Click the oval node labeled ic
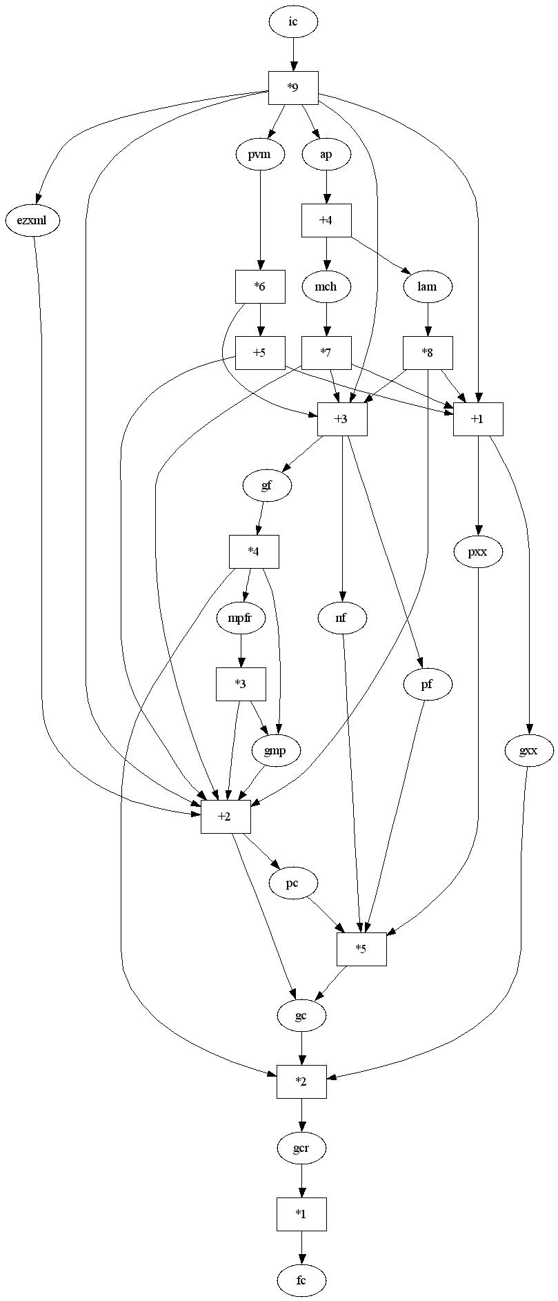pyautogui.click(x=293, y=22)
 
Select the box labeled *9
pyautogui.click(x=293, y=88)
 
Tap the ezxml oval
pyautogui.click(x=33, y=221)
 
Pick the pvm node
pyautogui.click(x=260, y=155)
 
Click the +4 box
pyautogui.click(x=326, y=221)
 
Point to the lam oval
pyautogui.click(x=428, y=286)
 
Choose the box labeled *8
pyautogui.click(x=428, y=353)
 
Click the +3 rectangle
pyautogui.click(x=342, y=419)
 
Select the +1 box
pyautogui.click(x=478, y=419)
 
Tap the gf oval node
pyautogui.click(x=267, y=485)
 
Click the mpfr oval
pyautogui.click(x=241, y=618)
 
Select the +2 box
pyautogui.click(x=226, y=816)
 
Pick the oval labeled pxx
pyautogui.click(x=478, y=551)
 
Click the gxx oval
pyautogui.click(x=528, y=750)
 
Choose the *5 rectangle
pyautogui.click(x=361, y=949)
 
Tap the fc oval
pyautogui.click(x=301, y=1281)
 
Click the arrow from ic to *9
pyautogui.click(x=293, y=55)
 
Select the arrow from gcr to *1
pyautogui.click(x=301, y=1182)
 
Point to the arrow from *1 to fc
pyautogui.click(x=301, y=1248)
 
